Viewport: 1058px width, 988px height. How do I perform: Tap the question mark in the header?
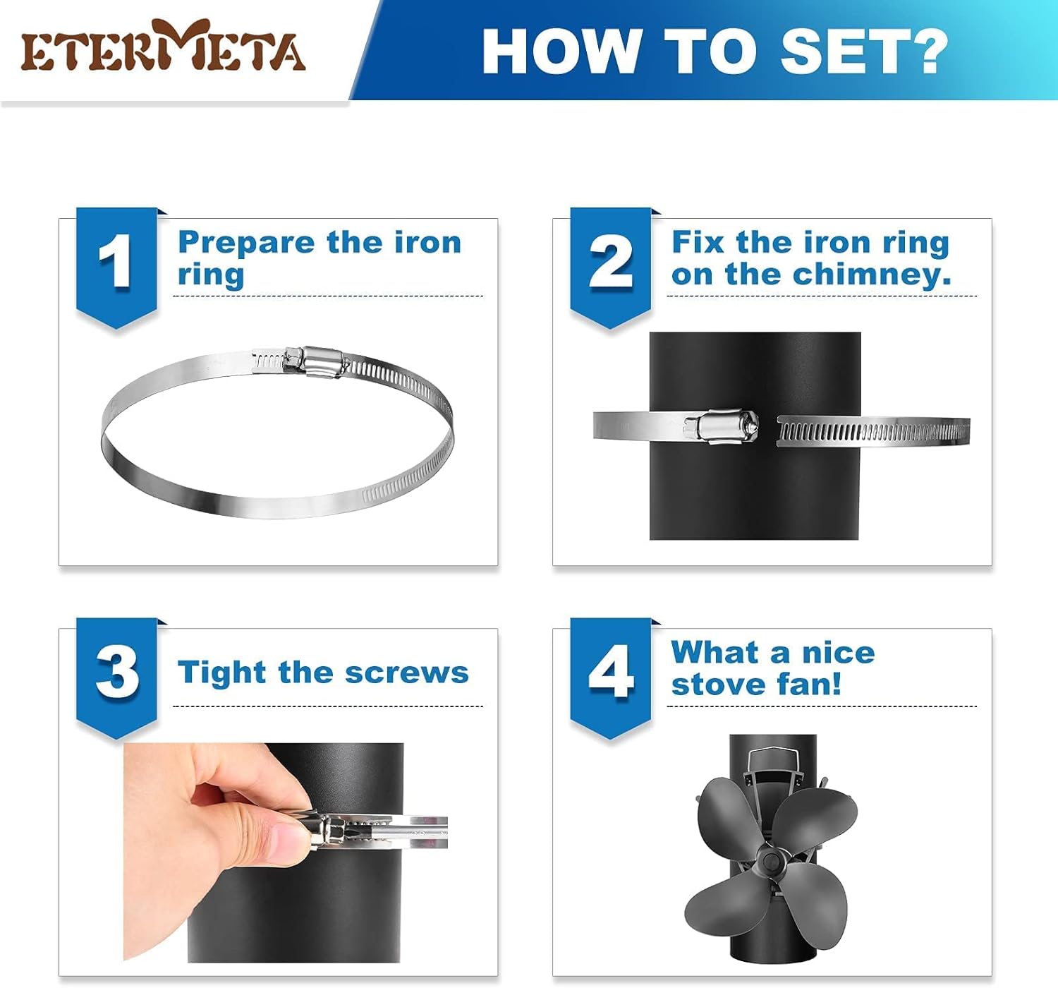point(924,51)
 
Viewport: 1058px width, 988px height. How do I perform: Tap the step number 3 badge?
point(116,673)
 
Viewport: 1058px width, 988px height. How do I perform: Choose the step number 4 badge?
point(610,673)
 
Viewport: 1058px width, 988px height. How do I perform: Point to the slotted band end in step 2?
point(873,430)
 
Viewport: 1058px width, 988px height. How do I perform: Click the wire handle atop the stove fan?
point(773,759)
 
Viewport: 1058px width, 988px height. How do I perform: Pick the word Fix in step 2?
point(698,242)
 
